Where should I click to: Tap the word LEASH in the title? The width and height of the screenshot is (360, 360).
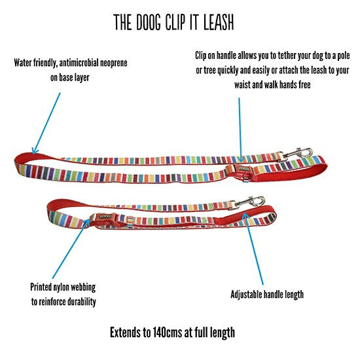point(219,22)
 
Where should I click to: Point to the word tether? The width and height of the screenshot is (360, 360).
point(287,56)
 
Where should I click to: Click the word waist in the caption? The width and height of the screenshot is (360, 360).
point(242,84)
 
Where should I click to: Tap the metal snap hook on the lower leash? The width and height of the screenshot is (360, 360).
point(247,202)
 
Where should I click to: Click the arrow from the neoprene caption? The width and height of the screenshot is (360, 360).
point(46,123)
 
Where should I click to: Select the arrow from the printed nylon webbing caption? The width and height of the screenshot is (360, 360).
point(71,249)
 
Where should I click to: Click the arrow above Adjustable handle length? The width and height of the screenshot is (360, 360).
point(253,249)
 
